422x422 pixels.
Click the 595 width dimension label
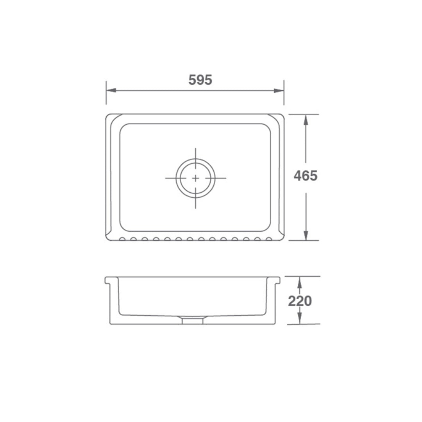[x=200, y=80]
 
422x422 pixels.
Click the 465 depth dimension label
[x=306, y=176]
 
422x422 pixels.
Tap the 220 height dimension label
[x=300, y=301]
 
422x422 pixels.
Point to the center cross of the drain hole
[x=195, y=178]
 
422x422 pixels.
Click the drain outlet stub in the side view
[x=193, y=320]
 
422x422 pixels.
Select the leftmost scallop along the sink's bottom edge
[x=122, y=239]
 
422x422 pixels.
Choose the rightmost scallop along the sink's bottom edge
[x=269, y=239]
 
